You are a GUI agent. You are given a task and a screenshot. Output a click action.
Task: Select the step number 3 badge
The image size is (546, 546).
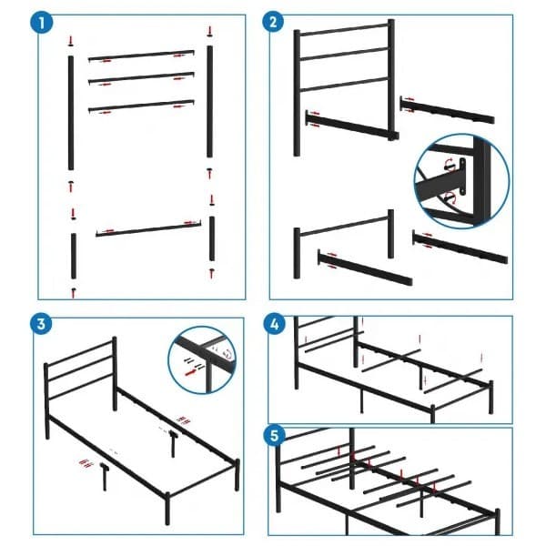39,325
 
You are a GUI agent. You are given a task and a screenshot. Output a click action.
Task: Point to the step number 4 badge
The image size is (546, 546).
273,325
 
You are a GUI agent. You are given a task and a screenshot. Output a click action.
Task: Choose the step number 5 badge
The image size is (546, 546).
273,435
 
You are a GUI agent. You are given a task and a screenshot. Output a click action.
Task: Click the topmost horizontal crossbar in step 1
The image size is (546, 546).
141,56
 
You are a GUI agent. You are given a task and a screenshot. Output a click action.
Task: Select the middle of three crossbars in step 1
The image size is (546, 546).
141,79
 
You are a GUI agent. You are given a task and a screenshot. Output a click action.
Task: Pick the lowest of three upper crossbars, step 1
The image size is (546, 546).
141,106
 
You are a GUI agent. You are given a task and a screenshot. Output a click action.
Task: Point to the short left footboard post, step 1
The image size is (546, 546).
72,258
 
